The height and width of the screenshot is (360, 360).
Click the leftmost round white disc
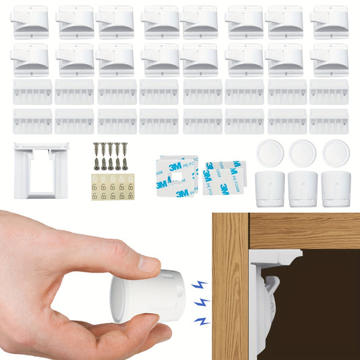[269, 153]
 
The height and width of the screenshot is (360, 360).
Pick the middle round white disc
[302, 153]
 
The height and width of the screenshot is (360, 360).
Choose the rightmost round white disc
[335, 153]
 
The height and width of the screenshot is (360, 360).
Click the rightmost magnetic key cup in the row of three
[335, 188]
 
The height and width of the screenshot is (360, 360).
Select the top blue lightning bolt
[199, 284]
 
